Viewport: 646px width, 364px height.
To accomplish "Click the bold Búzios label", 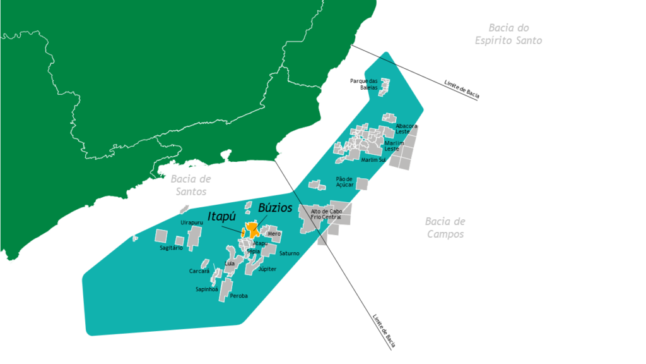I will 275,208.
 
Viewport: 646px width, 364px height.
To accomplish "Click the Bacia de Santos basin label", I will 191,186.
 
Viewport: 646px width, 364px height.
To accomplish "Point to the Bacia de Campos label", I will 445,227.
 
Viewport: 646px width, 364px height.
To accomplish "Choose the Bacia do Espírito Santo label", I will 508,34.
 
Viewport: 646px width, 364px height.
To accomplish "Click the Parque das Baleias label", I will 364,84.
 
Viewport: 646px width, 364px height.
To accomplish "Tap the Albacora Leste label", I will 406,129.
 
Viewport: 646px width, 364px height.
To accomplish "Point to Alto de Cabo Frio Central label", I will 326,214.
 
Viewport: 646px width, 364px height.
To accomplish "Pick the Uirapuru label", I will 192,222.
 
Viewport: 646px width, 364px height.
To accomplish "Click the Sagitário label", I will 171,248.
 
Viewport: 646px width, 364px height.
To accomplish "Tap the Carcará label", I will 199,271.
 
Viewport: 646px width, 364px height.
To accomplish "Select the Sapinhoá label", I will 206,289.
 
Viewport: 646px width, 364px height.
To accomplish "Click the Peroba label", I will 239,296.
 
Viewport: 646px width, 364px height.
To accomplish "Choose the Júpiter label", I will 267,269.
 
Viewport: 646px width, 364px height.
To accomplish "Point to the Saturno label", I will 289,253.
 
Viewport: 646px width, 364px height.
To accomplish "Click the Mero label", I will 274,234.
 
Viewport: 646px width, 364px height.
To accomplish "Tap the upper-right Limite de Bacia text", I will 462,90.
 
